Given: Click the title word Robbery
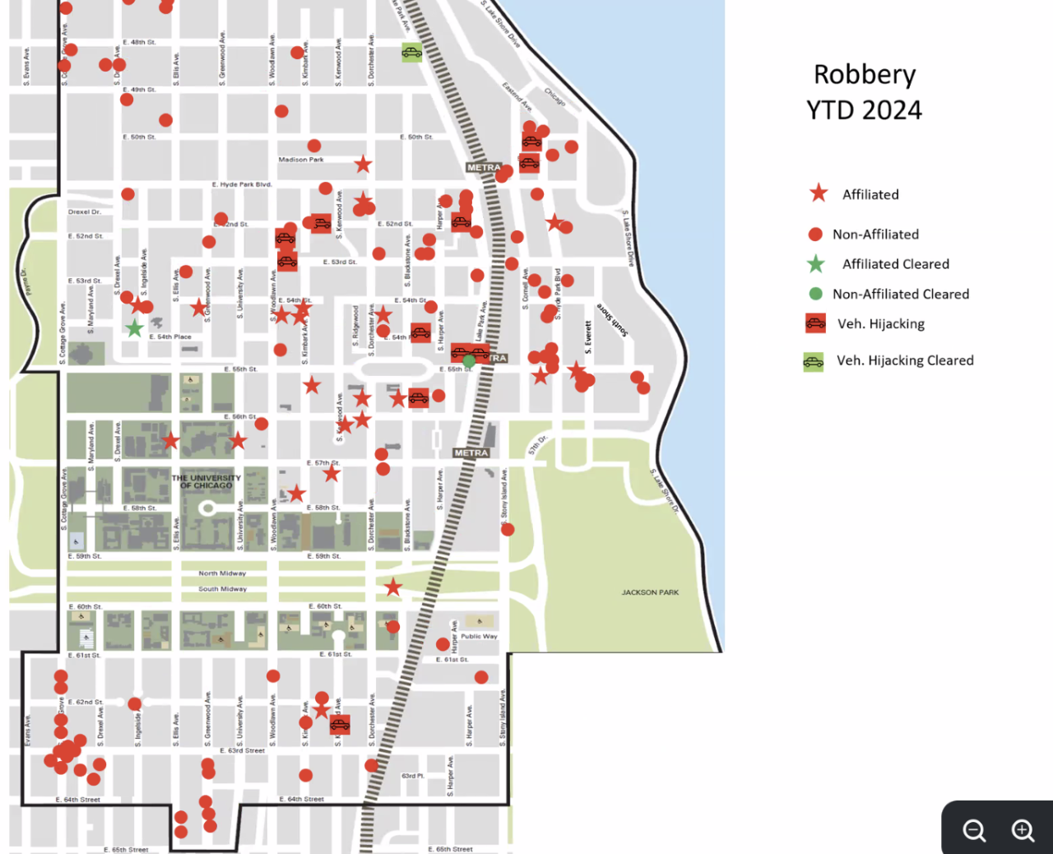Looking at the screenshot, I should tap(864, 75).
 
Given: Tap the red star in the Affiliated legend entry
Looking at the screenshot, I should tap(819, 193).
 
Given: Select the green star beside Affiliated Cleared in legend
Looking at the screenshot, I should tap(815, 264).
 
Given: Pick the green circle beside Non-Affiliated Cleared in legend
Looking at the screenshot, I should tap(815, 294).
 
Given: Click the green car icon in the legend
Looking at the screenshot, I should tap(814, 361).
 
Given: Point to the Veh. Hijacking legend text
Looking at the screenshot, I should tap(880, 323).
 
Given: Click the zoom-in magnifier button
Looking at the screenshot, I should tap(1023, 830).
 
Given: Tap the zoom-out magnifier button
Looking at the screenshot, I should tap(975, 830).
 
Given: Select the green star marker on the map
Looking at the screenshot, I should tap(134, 328).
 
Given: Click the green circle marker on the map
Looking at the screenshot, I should tap(469, 360).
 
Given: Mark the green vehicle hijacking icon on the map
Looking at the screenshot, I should tap(411, 53).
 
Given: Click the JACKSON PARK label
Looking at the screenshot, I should tap(650, 592).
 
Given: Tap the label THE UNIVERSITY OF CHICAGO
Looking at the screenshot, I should tap(206, 481).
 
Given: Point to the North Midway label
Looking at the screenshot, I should tap(222, 573).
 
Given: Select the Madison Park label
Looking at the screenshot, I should tap(301, 160).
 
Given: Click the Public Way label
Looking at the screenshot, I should tap(479, 636).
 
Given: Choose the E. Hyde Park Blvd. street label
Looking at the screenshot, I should tap(242, 184).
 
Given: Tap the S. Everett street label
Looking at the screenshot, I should tap(588, 337).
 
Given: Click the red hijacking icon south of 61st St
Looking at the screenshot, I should tap(340, 724).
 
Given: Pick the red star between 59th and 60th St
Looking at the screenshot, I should tap(393, 587).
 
